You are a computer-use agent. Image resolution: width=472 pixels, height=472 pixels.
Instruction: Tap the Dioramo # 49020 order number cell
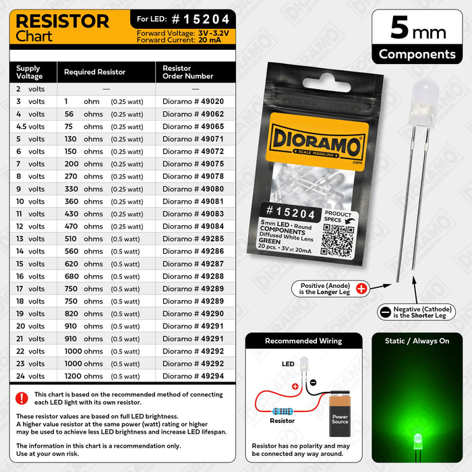[194, 101]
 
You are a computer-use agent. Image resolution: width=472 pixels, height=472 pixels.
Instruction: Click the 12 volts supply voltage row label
[30, 226]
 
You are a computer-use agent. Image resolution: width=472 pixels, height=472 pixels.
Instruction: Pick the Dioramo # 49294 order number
[194, 376]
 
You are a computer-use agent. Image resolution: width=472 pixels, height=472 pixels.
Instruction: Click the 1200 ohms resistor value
[84, 376]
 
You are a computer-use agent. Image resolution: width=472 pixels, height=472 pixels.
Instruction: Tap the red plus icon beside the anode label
[361, 289]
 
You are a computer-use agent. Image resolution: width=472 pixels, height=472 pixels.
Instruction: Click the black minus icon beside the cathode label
[385, 312]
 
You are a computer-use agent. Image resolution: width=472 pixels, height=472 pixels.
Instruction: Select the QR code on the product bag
[336, 239]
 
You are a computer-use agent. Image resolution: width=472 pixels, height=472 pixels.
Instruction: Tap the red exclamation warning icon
[22, 398]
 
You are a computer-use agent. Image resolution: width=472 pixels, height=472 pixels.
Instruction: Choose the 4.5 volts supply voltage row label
[30, 126]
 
